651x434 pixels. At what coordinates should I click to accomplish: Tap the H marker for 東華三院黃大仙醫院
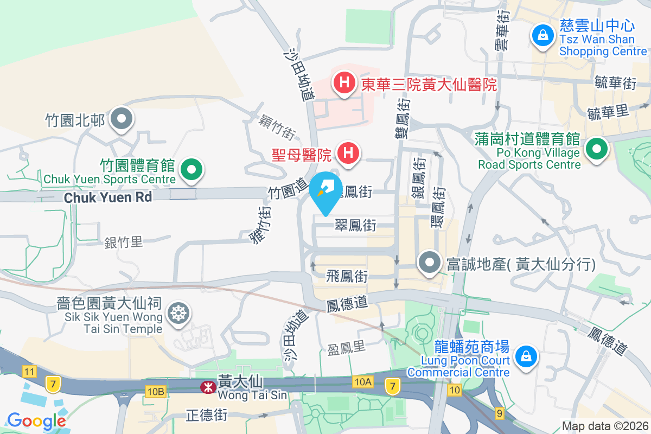(343, 83)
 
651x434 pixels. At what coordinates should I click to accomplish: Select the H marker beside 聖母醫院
(348, 152)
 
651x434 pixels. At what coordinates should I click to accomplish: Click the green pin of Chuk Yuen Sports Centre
(191, 169)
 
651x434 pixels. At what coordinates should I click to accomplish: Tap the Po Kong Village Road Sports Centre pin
(597, 149)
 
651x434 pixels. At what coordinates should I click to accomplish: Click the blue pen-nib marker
(325, 189)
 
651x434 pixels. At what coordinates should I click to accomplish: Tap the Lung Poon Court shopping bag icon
(525, 356)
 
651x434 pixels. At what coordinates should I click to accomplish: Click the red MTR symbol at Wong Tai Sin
(207, 387)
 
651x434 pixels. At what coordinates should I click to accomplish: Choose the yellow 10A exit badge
(362, 382)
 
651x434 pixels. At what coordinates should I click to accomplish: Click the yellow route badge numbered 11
(29, 372)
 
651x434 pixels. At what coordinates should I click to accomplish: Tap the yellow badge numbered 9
(500, 413)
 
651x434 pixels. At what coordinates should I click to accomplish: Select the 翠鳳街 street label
(355, 225)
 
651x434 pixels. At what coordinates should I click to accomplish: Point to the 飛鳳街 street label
(347, 277)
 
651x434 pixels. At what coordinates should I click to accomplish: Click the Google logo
(36, 420)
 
